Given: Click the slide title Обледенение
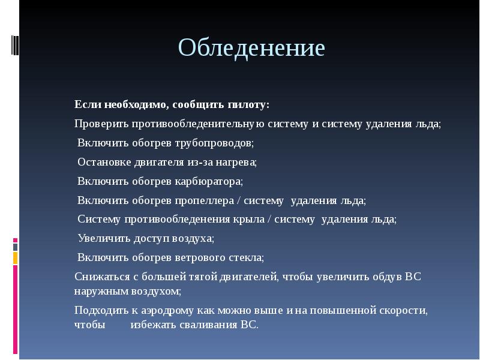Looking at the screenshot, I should pos(251,48).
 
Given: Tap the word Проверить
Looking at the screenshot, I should pos(100,124).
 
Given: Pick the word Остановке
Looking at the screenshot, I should pos(103,162).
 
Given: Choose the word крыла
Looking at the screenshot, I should pos(254,219).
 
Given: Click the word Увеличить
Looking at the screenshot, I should pos(103,238).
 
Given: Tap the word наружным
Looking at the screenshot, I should pos(98,291).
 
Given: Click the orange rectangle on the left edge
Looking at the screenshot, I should pos(16,259).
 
